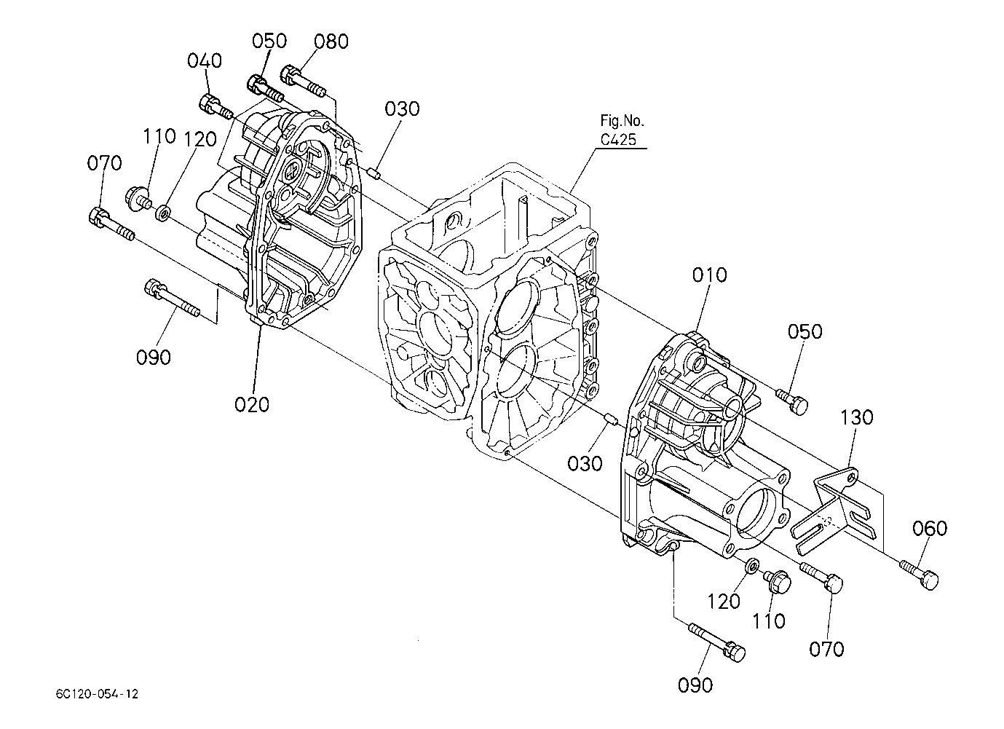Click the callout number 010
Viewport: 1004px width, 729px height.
pyautogui.click(x=709, y=275)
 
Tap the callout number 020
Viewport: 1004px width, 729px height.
pyautogui.click(x=252, y=404)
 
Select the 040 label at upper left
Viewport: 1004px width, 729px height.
pyautogui.click(x=205, y=61)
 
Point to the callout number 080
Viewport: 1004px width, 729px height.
pyautogui.click(x=331, y=42)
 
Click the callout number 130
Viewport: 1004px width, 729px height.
pyautogui.click(x=856, y=417)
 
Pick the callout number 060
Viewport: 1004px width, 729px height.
pyautogui.click(x=930, y=529)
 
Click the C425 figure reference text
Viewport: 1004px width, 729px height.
pyautogui.click(x=618, y=140)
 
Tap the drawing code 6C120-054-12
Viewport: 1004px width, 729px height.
pyautogui.click(x=98, y=695)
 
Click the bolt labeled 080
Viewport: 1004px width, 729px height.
pyautogui.click(x=304, y=82)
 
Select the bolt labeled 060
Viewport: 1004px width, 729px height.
pyautogui.click(x=918, y=575)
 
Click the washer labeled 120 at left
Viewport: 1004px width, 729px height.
pyautogui.click(x=162, y=212)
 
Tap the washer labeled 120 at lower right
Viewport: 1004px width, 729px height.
pyautogui.click(x=751, y=567)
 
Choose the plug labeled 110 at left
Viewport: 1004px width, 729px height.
pyautogui.click(x=138, y=200)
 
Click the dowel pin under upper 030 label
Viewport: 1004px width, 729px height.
pyautogui.click(x=375, y=173)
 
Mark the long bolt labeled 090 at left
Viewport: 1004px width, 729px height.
pyautogui.click(x=172, y=298)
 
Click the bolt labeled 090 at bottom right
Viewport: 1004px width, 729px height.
pyautogui.click(x=716, y=642)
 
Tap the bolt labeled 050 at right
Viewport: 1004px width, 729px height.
pyautogui.click(x=792, y=402)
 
